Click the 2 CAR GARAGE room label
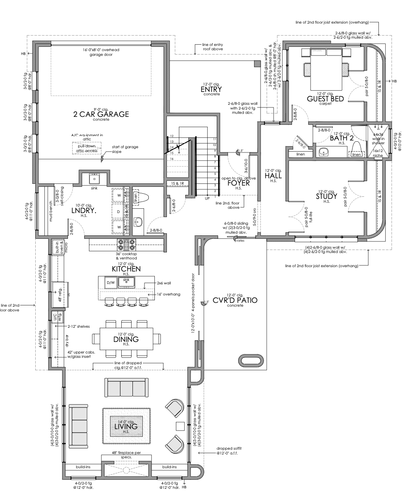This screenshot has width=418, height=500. coord(101,114)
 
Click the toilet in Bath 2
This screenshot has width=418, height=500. coord(357,149)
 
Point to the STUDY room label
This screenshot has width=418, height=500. coord(326,196)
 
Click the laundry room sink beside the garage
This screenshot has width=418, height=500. coord(95,178)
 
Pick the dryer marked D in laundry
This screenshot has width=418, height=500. coord(119,212)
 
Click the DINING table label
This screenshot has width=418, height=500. coord(126,339)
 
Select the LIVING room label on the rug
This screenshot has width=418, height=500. coord(126,427)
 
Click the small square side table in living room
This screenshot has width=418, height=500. coord(181,426)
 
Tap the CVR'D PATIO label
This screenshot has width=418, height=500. coord(235,300)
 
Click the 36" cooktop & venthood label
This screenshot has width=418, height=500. coord(126,256)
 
